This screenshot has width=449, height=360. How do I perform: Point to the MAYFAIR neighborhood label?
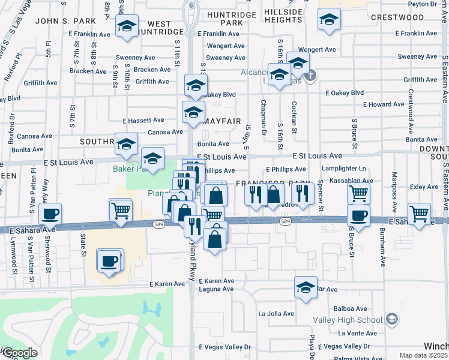coord(222,121)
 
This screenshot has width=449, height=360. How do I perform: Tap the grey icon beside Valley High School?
coord(392,318)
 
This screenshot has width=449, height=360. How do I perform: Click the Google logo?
coord(19,353)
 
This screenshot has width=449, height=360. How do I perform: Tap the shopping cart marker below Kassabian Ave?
coord(358,193)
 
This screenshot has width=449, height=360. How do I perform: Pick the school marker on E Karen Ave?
coord(306,286)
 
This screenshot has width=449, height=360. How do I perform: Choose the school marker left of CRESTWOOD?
coord(328,21)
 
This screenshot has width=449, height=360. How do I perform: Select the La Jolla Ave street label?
coord(276,313)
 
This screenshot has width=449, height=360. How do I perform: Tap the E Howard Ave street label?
coord(384,104)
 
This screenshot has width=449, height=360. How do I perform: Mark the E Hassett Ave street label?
coord(143,121)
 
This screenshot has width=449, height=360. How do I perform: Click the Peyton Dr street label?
coord(432,4)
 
